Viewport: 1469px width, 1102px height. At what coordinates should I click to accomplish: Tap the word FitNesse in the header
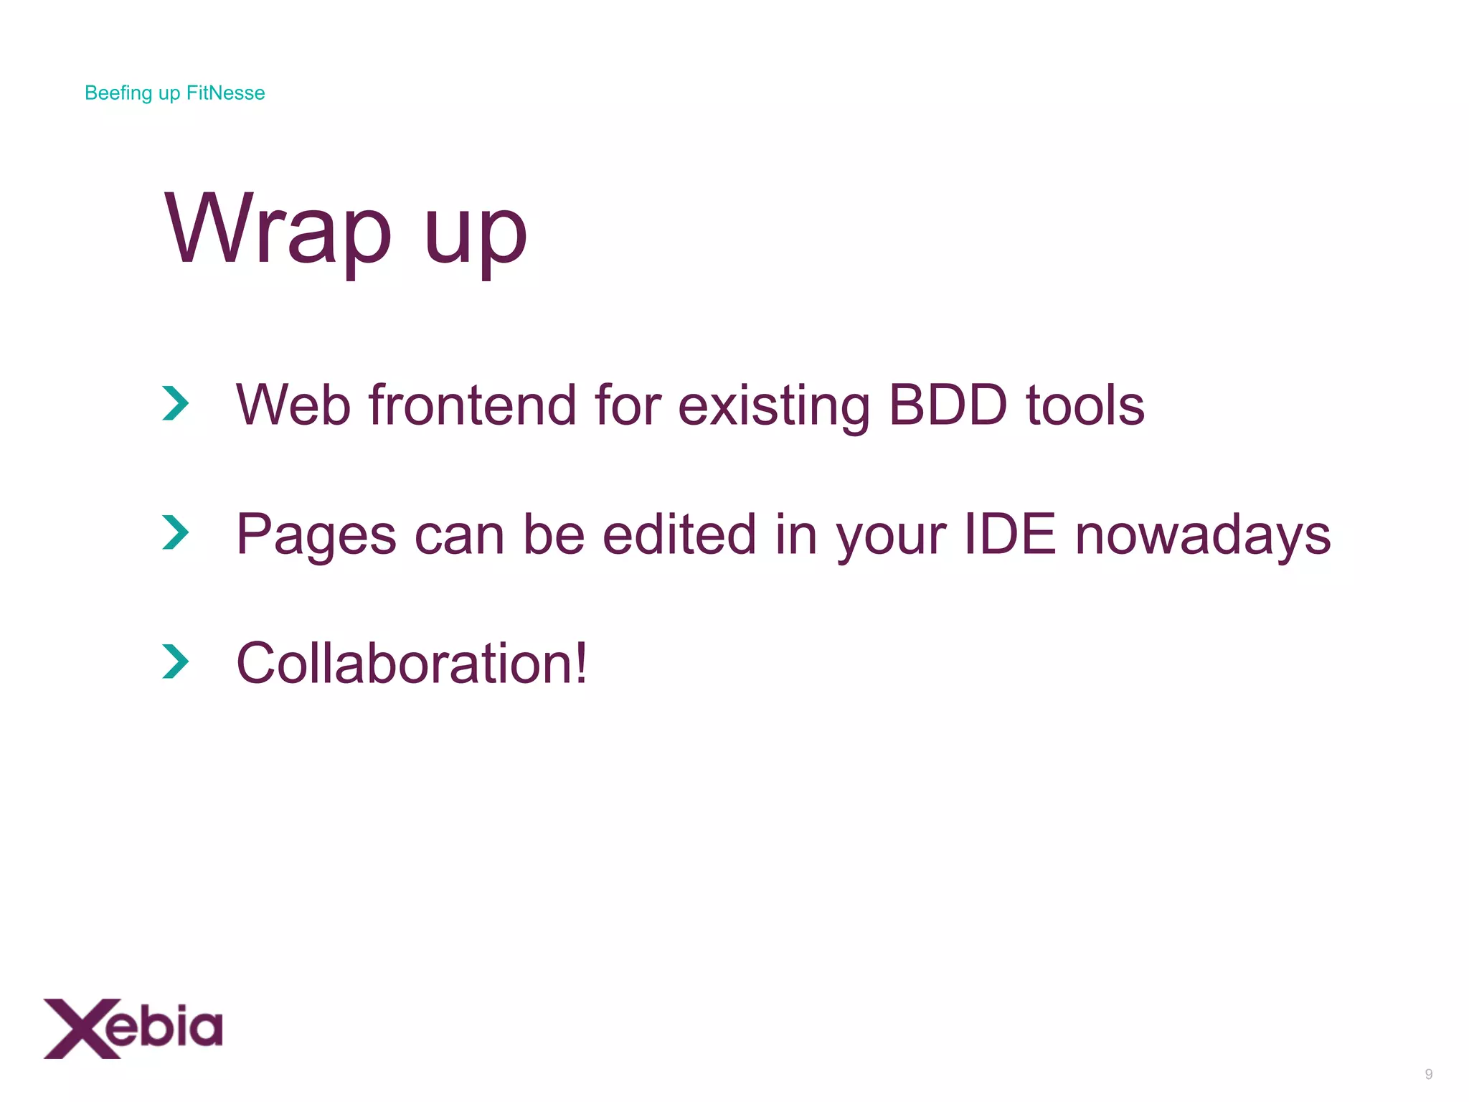click(x=225, y=93)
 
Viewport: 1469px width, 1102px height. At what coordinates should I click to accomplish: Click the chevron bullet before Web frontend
click(x=175, y=403)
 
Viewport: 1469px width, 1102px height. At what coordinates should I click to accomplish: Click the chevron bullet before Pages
click(x=175, y=532)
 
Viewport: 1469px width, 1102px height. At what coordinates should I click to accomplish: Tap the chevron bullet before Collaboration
click(x=175, y=661)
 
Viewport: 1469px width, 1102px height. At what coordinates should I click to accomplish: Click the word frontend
click(x=473, y=405)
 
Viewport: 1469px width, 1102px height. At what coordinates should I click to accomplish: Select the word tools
click(x=1085, y=405)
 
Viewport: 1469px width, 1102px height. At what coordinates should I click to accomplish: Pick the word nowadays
click(x=1202, y=535)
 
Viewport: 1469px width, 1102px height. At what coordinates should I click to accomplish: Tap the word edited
click(x=679, y=534)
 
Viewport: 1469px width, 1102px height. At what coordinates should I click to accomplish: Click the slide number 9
click(x=1428, y=1074)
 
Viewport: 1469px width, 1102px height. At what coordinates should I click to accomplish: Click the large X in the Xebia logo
click(x=75, y=1028)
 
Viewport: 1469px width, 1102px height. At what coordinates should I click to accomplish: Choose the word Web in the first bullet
click(x=293, y=405)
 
